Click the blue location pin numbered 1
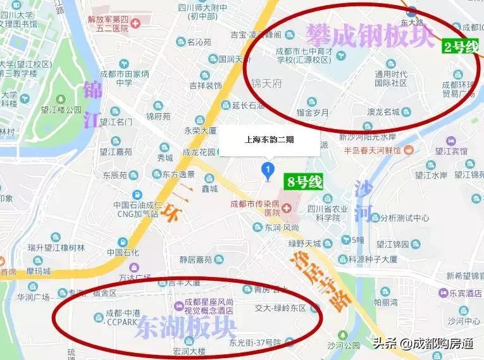coord(268,171)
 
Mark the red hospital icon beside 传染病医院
coord(285,208)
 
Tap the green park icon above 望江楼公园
coord(61,99)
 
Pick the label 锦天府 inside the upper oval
coord(266,83)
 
